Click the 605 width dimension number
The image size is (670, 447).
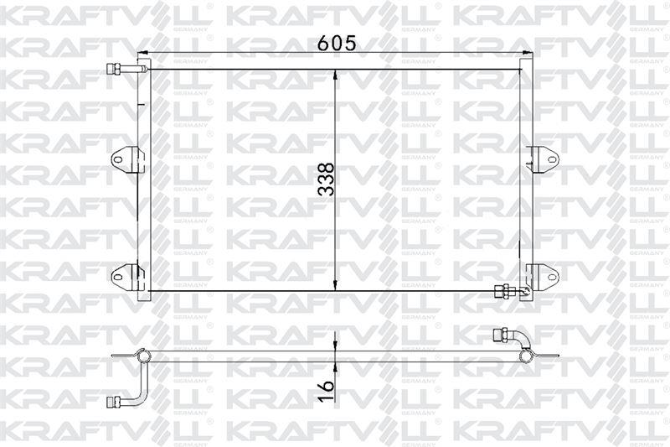[x=338, y=43]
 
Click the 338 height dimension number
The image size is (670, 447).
[x=327, y=179]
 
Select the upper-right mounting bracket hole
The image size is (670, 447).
[x=552, y=160]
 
